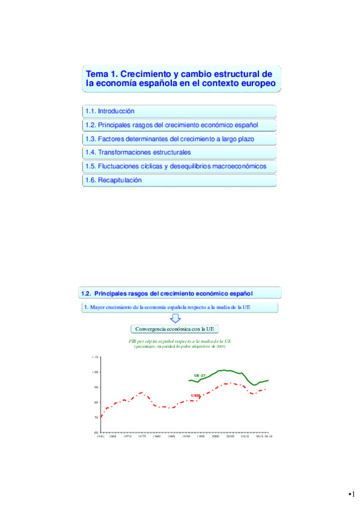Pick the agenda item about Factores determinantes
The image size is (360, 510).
(170, 139)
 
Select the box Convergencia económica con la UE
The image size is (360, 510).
(175, 329)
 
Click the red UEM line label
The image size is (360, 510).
(195, 395)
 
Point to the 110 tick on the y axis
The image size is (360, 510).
(95, 357)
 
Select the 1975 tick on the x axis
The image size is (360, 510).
(141, 437)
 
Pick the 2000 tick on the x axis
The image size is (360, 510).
(215, 437)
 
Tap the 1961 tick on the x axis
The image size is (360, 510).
(101, 437)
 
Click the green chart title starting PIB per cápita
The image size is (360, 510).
(180, 340)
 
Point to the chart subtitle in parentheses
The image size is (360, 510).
(180, 346)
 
